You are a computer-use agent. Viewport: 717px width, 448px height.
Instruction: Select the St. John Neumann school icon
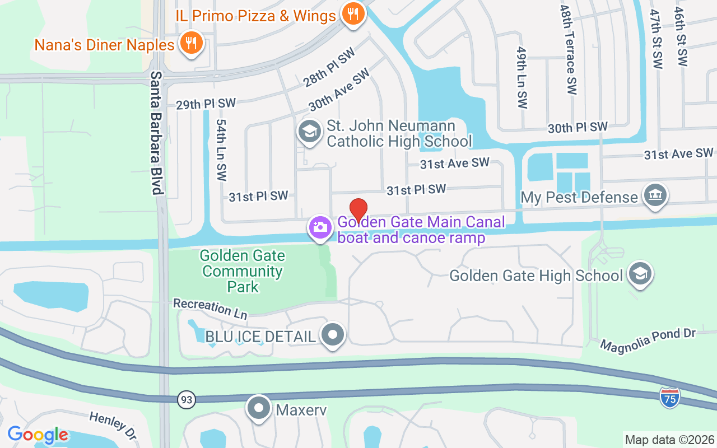point(309,132)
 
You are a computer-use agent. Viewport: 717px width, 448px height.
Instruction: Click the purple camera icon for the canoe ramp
point(320,227)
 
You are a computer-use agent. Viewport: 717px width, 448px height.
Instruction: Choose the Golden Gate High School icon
point(640,274)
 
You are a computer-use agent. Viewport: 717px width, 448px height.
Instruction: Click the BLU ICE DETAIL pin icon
point(333,335)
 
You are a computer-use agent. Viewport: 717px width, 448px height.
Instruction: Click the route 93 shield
point(186,400)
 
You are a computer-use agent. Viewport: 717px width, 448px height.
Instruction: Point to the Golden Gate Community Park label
point(243,272)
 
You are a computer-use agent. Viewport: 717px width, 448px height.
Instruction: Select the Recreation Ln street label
point(210,309)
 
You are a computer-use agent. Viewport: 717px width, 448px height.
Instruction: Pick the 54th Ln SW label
point(221,150)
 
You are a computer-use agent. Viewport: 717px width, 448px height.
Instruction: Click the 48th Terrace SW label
point(568,50)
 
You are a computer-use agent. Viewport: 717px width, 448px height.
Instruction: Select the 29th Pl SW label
point(206,104)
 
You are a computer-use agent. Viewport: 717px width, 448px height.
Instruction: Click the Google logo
point(38,435)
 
